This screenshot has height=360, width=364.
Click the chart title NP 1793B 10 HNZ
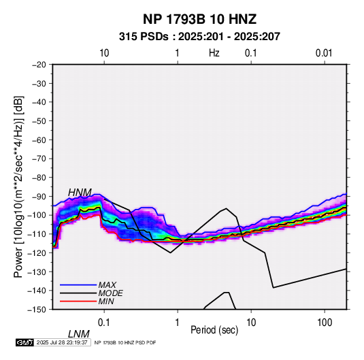click(x=199, y=19)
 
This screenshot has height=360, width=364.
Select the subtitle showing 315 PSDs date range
click(x=199, y=37)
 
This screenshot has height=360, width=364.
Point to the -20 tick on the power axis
click(x=39, y=65)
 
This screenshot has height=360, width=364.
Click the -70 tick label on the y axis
click(x=39, y=159)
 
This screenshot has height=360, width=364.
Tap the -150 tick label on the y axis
click(x=37, y=310)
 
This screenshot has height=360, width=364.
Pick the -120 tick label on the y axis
click(x=37, y=252)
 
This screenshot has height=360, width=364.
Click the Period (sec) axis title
click(x=214, y=330)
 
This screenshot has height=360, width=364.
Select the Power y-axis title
click(x=18, y=187)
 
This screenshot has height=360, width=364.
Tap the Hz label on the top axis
click(x=214, y=53)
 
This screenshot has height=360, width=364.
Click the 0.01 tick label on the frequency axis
click(x=324, y=53)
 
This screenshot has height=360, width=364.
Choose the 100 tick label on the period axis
click(x=325, y=323)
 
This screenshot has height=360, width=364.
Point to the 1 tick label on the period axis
click(x=178, y=323)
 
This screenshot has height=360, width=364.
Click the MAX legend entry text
click(x=107, y=285)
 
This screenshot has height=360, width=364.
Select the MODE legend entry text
click(x=110, y=293)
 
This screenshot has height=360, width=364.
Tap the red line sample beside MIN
click(x=78, y=301)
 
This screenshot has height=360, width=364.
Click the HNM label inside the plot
click(x=80, y=193)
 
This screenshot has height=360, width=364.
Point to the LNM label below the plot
click(x=79, y=334)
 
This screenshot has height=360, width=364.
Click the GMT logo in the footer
click(x=25, y=342)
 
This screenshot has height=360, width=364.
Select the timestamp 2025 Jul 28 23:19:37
click(x=62, y=342)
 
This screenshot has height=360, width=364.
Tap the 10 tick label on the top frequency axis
click(x=104, y=53)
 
